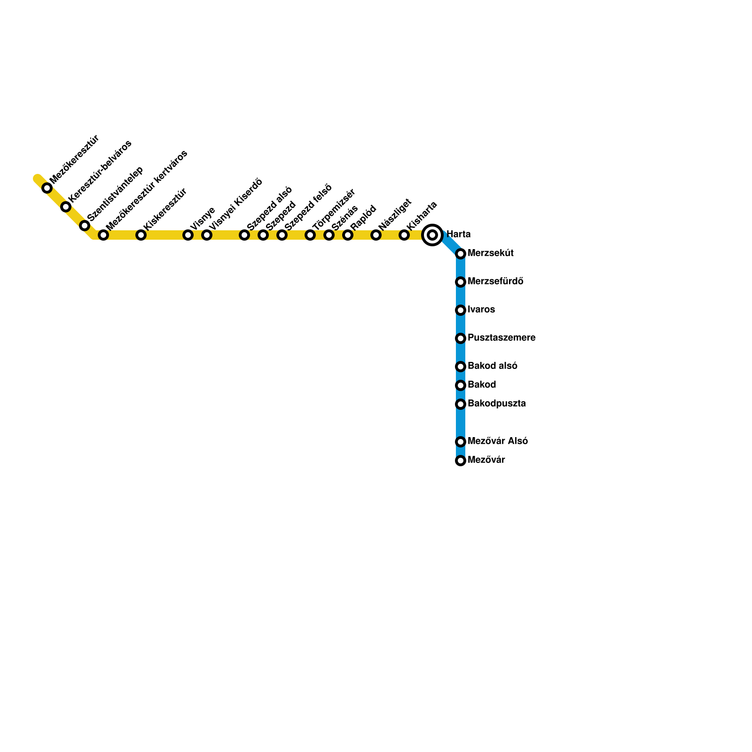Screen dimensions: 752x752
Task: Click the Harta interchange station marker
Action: [x=432, y=235]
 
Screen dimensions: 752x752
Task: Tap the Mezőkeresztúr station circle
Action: [x=47, y=188]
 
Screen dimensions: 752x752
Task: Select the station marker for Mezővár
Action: [x=461, y=461]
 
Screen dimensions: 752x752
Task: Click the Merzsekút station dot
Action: [x=461, y=254]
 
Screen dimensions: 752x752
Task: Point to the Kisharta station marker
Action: [x=404, y=235]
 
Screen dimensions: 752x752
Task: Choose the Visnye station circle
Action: [x=188, y=235]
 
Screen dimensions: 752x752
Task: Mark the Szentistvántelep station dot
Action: [x=85, y=226]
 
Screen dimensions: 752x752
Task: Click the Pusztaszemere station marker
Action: [x=461, y=338]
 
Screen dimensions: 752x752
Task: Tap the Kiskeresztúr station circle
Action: [x=141, y=235]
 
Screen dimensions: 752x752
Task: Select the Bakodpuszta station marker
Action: [x=461, y=404]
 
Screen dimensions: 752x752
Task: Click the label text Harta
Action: [x=458, y=234]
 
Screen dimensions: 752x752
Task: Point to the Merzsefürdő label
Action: [x=495, y=282]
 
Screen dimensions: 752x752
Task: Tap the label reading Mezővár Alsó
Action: [x=497, y=441]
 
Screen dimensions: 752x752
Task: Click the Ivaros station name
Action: [x=481, y=310]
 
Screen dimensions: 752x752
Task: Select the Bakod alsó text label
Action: [x=492, y=366]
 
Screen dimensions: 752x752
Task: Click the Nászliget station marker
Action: [x=376, y=235]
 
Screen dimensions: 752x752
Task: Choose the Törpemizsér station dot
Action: [x=310, y=235]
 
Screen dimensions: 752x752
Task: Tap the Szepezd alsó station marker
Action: [x=244, y=235]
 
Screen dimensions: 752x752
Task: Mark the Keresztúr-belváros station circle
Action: [x=66, y=207]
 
